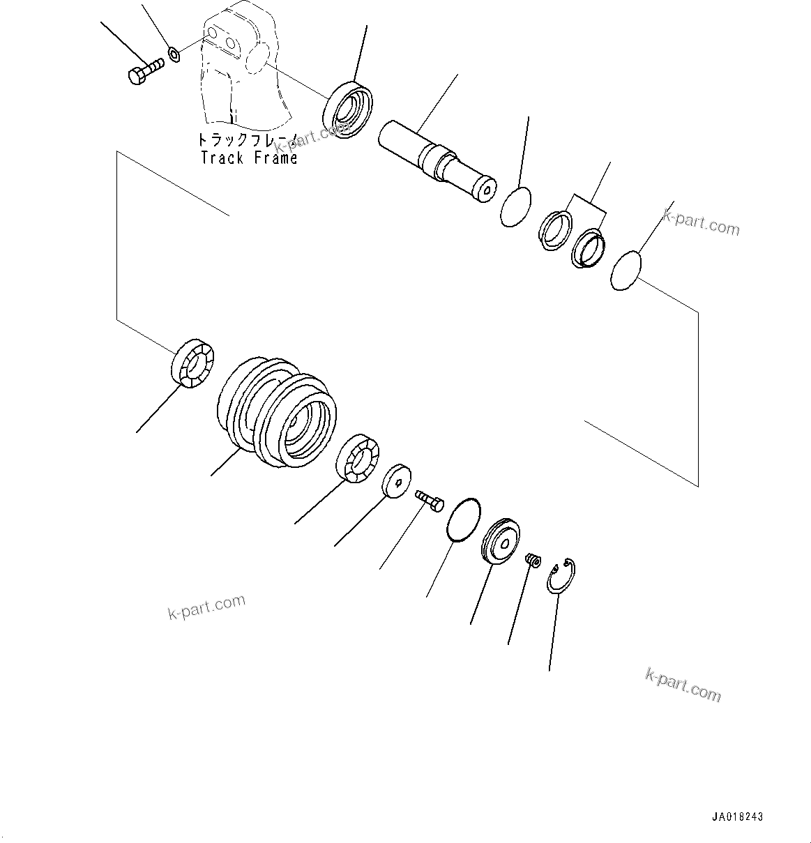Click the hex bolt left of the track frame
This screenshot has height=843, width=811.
click(144, 72)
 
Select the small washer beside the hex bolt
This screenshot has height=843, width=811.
click(174, 52)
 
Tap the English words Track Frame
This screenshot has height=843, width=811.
click(249, 158)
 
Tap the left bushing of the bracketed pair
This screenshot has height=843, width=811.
click(556, 229)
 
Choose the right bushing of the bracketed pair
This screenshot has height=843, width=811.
click(589, 248)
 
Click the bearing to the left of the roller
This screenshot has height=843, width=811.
click(192, 361)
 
